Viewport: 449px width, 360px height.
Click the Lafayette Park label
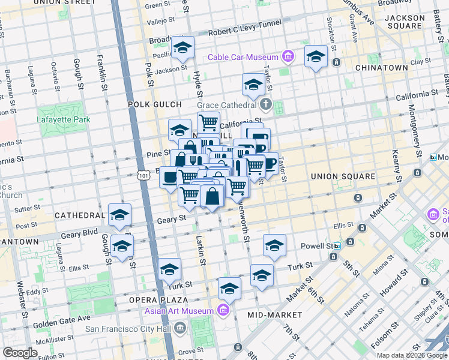pos(64,119)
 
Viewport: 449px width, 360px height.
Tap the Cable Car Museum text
pos(243,58)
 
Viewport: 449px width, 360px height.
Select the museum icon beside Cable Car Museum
pos(288,57)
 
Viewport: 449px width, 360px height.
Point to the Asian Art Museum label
pos(179,311)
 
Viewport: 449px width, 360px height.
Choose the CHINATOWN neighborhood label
pos(381,68)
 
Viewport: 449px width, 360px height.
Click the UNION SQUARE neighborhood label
pos(342,176)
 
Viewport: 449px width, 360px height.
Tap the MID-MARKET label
pos(274,314)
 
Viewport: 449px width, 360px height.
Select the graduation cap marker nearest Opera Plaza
pos(170,269)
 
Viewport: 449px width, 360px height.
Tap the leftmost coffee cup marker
pos(170,178)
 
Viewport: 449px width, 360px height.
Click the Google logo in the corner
pos(20,353)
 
